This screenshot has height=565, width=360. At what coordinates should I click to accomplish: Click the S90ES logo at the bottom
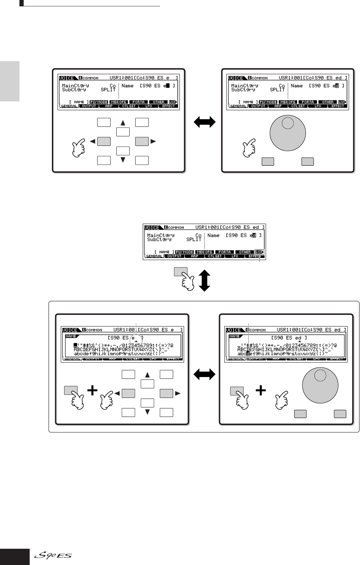click(x=53, y=556)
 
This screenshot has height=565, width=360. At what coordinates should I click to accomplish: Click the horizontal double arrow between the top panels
click(x=205, y=122)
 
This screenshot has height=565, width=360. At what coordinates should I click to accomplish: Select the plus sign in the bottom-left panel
click(x=92, y=390)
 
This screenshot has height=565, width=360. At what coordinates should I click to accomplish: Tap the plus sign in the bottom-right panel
click(x=261, y=390)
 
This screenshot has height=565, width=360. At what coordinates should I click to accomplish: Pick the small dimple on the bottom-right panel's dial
click(x=320, y=376)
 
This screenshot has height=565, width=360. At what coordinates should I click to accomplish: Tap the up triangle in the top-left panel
click(x=123, y=123)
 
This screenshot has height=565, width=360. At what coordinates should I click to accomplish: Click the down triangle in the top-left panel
click(x=123, y=160)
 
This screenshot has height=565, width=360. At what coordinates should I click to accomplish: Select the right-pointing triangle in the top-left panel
click(x=153, y=141)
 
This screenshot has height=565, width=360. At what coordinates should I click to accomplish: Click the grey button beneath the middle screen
click(x=181, y=272)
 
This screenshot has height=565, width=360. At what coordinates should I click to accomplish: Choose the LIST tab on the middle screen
click(x=260, y=252)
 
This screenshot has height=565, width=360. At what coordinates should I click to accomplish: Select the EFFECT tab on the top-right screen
click(x=337, y=106)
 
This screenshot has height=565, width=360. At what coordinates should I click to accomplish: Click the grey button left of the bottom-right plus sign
click(x=236, y=391)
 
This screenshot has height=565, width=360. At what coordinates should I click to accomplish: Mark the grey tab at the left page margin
click(x=10, y=81)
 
